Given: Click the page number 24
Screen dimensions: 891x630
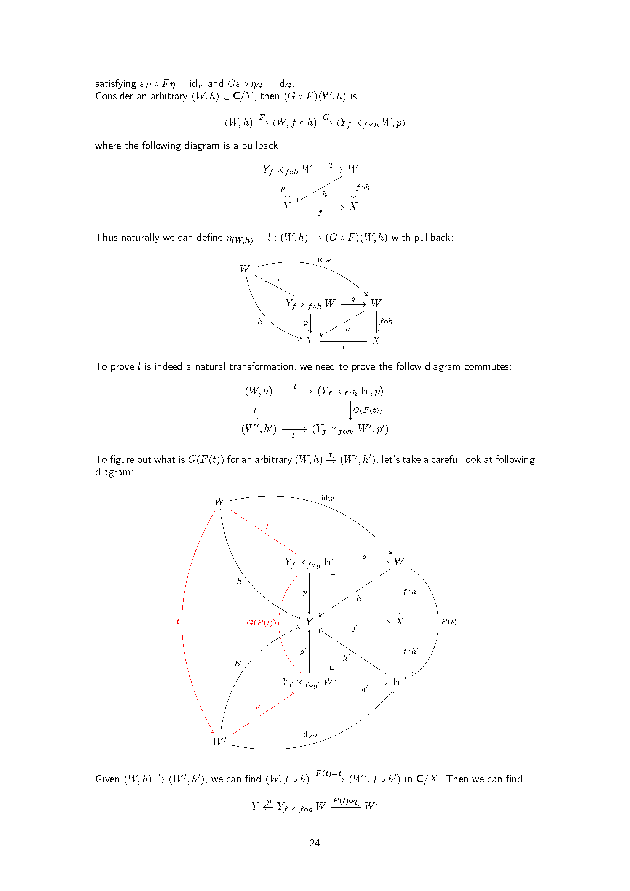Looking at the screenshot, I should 315,843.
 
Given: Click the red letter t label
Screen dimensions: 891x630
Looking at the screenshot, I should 178,621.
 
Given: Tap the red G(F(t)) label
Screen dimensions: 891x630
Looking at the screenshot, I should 261,622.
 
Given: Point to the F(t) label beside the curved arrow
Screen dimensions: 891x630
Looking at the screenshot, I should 448,621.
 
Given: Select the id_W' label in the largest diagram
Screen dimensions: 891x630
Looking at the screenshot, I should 309,734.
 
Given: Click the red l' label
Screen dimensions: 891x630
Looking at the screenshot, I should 257,708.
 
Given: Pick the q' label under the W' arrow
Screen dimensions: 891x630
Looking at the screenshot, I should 365,689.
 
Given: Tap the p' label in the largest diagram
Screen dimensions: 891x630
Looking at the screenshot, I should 303,651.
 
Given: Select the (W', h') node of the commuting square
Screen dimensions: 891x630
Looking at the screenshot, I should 259,429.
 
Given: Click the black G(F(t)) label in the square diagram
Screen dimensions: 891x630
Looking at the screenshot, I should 367,410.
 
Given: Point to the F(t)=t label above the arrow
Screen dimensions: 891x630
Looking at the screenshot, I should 329,773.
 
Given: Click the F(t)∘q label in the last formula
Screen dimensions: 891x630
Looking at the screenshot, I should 345,801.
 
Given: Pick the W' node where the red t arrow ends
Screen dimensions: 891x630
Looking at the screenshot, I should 219,742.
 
